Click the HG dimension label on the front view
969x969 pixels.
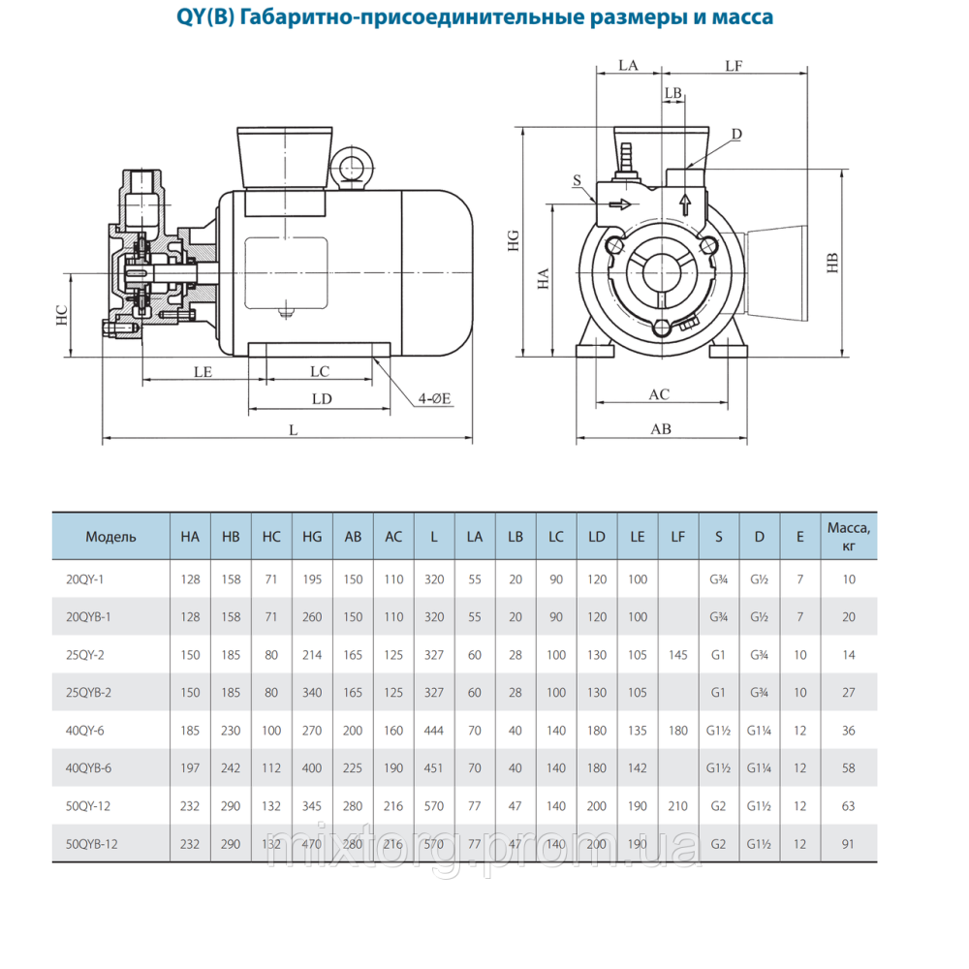[x=515, y=240]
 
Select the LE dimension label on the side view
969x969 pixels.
[x=203, y=371]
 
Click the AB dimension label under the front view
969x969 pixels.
[x=660, y=428]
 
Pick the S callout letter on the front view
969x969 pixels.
[x=577, y=180]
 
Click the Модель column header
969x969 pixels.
[x=110, y=537]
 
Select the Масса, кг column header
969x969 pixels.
[x=849, y=536]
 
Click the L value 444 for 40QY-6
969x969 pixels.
[x=434, y=731]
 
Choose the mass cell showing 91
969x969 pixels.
[x=849, y=844]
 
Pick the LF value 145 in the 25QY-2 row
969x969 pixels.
[x=677, y=655]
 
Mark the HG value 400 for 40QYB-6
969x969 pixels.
[x=312, y=768]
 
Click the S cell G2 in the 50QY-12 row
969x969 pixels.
[x=718, y=806]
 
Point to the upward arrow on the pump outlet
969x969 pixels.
[x=684, y=204]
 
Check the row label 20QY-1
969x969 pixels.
[x=84, y=579]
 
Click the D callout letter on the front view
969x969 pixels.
[x=737, y=134]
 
